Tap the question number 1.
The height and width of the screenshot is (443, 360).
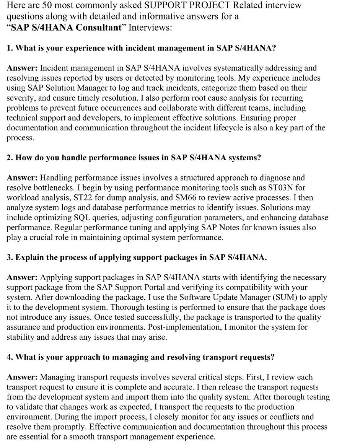tap(10, 48)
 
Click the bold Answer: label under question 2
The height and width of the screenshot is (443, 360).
tap(22, 178)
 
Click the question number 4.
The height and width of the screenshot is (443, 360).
tap(10, 357)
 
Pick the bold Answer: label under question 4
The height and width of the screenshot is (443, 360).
tap(22, 377)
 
